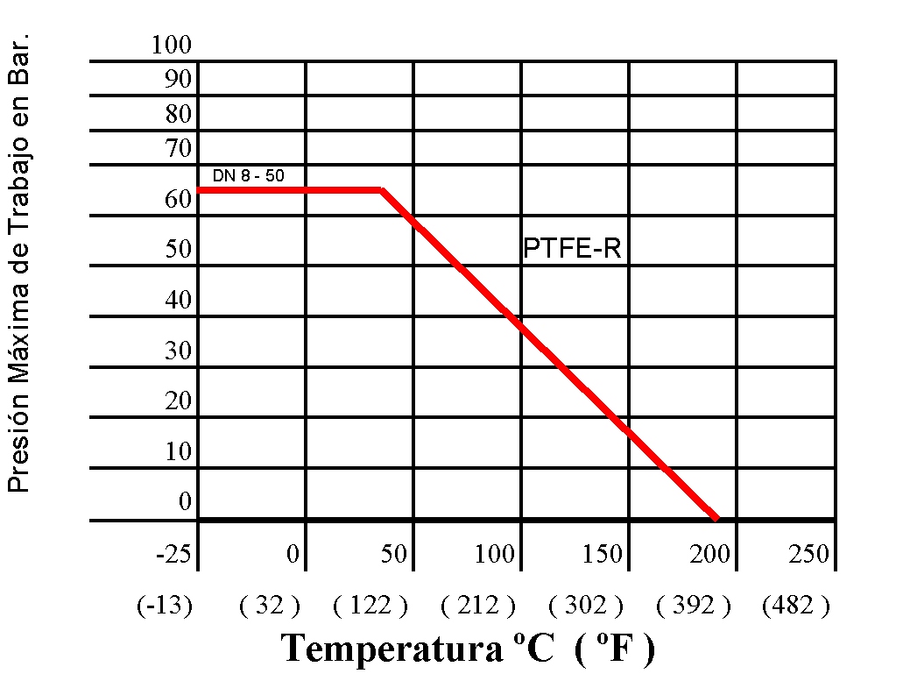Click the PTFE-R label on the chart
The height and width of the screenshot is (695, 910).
[572, 249]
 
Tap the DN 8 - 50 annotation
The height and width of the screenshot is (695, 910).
[248, 176]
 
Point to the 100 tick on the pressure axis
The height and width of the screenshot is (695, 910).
[171, 46]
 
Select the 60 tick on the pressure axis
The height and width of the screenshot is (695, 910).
[178, 200]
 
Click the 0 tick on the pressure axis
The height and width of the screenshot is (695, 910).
[185, 501]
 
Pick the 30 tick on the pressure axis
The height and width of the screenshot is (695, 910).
[178, 351]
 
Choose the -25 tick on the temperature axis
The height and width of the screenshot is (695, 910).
[173, 554]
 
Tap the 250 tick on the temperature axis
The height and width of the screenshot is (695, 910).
[808, 554]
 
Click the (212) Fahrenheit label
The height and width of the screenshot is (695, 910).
[478, 605]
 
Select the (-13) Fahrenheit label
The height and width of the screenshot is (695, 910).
[164, 605]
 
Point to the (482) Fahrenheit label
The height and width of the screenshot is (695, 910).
[795, 605]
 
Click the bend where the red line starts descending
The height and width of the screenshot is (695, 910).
[382, 189]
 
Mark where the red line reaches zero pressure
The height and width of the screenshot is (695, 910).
[717, 519]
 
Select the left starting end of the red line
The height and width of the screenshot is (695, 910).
[201, 189]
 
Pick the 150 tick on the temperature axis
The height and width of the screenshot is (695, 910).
[603, 554]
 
